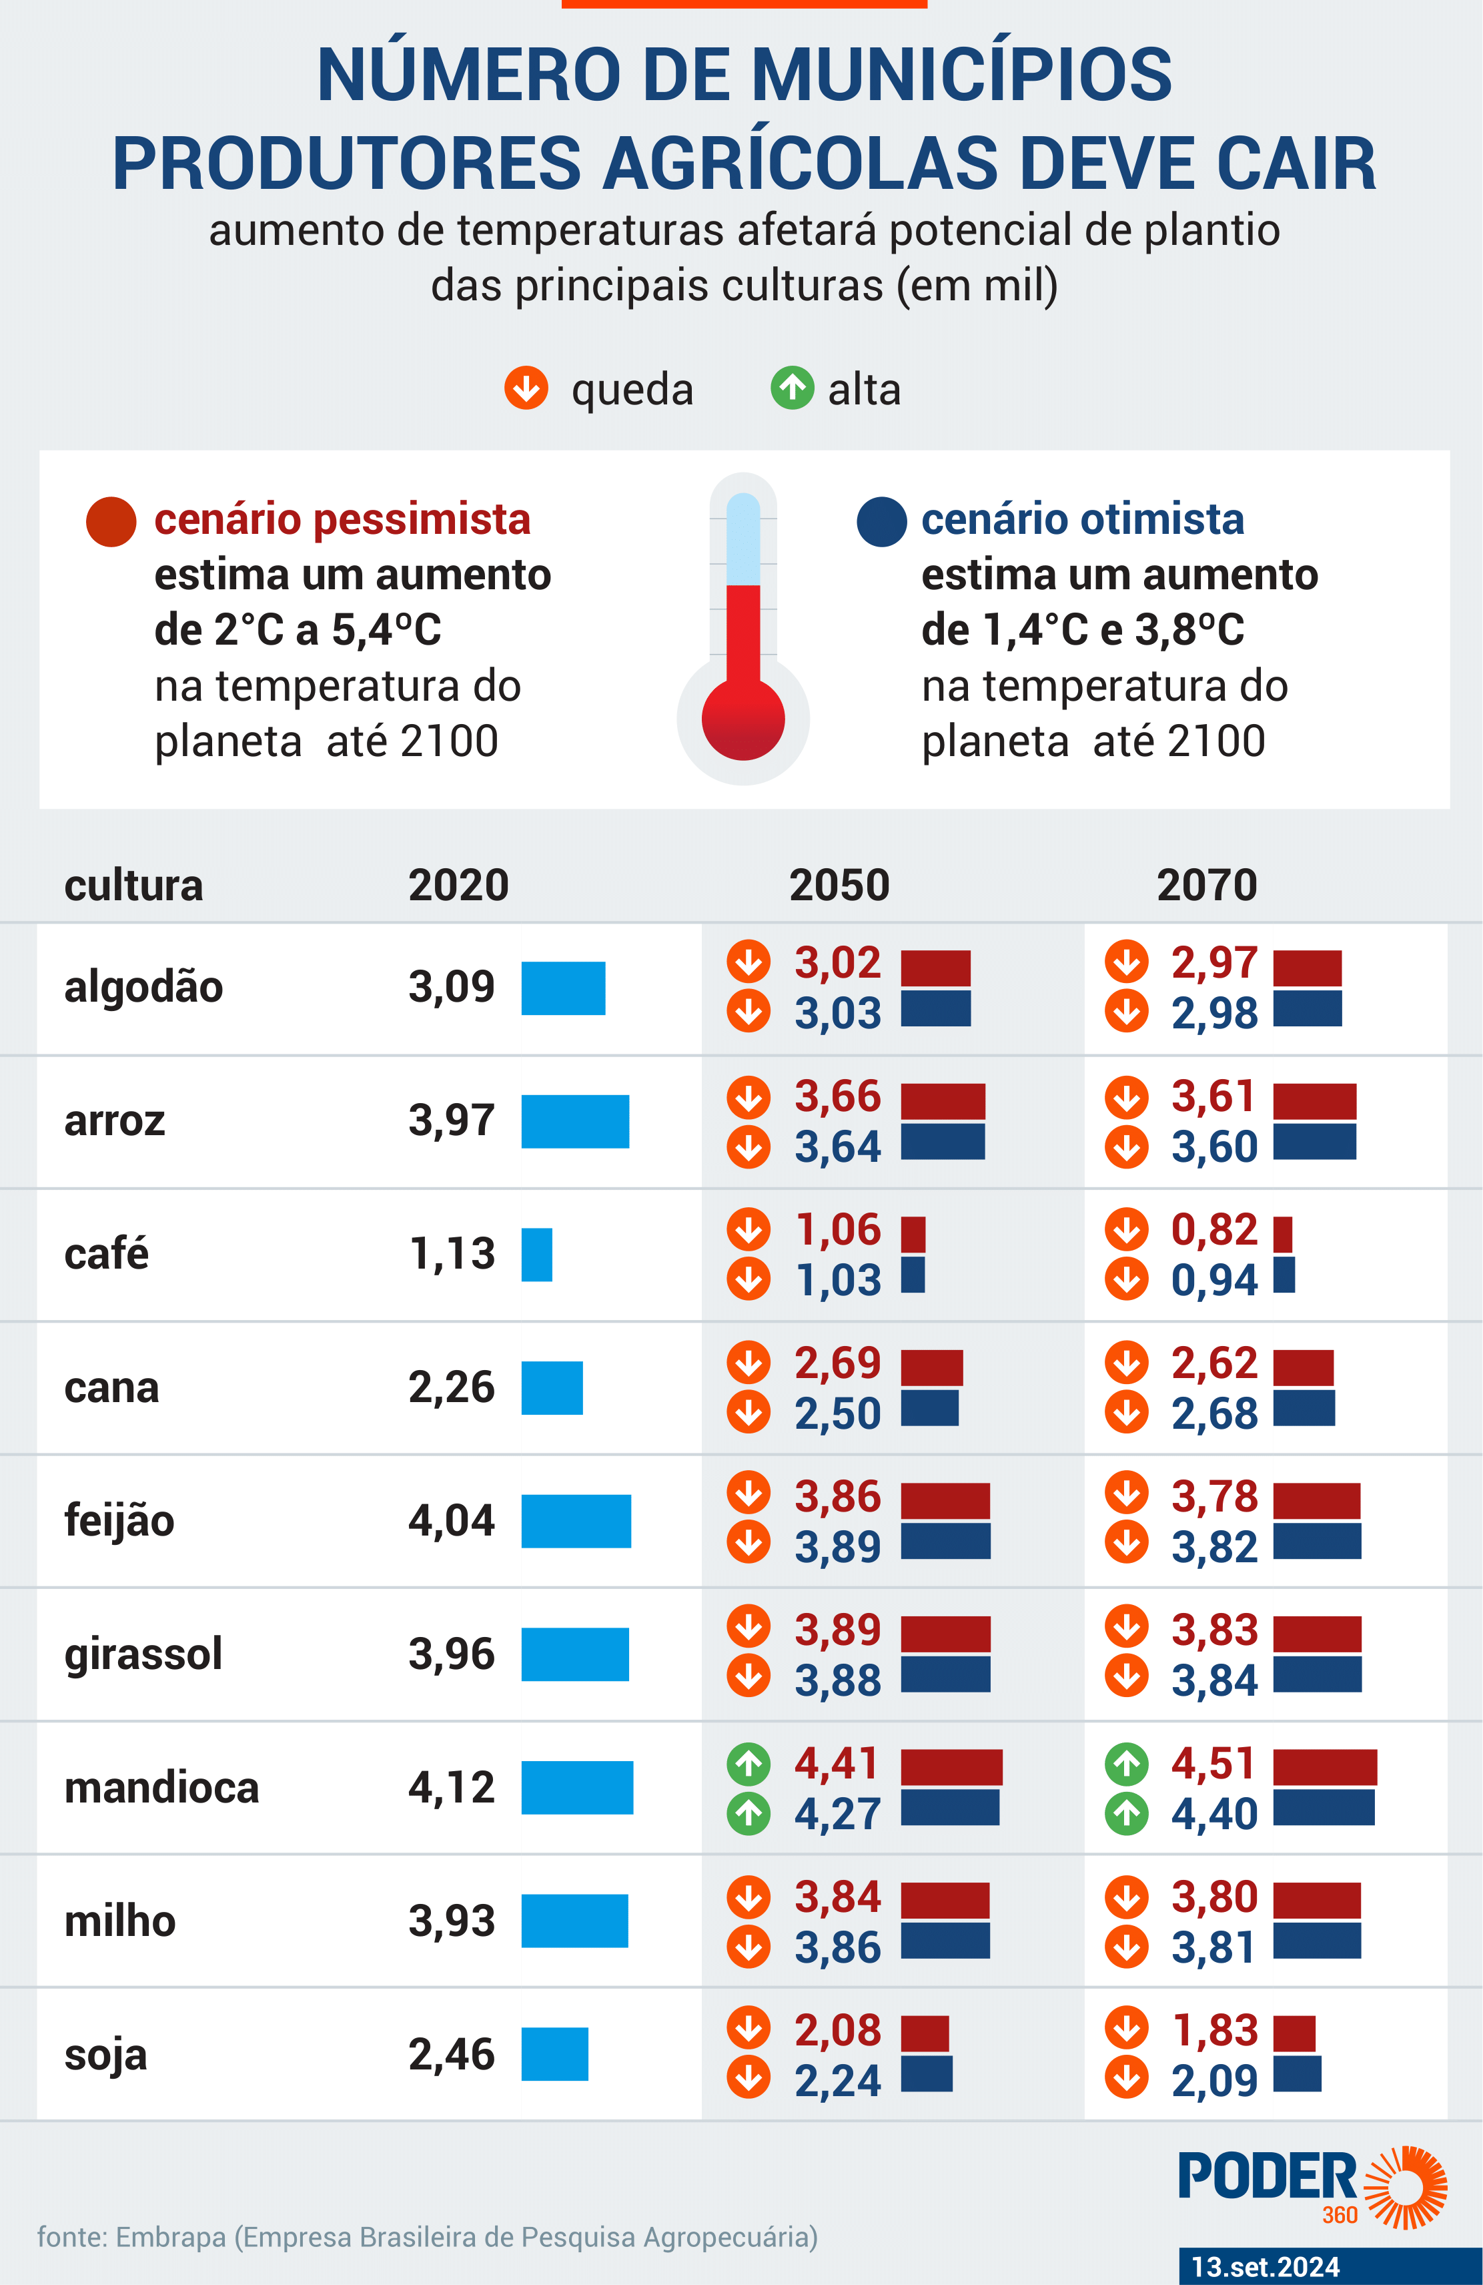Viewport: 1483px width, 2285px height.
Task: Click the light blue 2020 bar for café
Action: point(536,1254)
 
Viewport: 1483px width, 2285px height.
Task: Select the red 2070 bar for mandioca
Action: point(1325,1766)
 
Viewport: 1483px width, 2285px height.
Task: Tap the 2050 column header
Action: point(839,884)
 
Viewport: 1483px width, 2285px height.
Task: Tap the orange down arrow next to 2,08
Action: point(749,2027)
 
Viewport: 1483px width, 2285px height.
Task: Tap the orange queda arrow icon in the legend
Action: point(526,388)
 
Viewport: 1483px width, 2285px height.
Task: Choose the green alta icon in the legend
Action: point(792,388)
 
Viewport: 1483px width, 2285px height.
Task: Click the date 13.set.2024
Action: point(1265,2267)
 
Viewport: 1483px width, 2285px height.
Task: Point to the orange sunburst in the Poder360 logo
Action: point(1406,2186)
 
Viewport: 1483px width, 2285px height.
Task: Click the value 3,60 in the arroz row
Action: point(1213,1147)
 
